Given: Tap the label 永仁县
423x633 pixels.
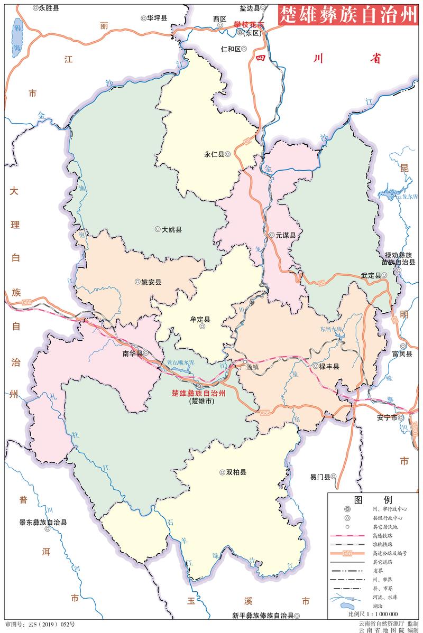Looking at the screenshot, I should coord(214,154).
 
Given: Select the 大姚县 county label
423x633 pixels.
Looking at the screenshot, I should coord(172,230).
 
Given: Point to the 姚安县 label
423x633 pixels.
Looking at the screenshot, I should coord(151,282).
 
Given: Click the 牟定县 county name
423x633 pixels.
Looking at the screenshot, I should coord(200,320).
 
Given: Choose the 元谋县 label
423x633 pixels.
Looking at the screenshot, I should coord(285,235).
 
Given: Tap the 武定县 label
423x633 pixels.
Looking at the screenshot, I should coord(371,276).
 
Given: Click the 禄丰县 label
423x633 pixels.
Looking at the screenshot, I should coord(329,366).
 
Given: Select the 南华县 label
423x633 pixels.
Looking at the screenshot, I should coord(132,353).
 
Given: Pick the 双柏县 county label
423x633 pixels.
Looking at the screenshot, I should coord(236,472).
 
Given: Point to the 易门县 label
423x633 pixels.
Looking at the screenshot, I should coord(320,477).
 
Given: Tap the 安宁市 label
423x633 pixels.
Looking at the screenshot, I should coord(387,417).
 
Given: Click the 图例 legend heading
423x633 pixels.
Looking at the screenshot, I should coord(373,500).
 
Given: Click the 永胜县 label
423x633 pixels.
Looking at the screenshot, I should coord(48,8).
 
